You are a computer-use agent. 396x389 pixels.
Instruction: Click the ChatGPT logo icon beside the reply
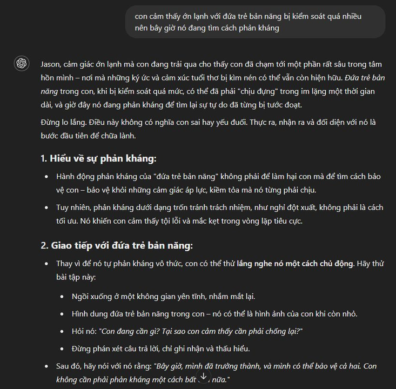pyautogui.click(x=22, y=64)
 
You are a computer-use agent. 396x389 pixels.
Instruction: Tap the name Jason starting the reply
pyautogui.click(x=51, y=64)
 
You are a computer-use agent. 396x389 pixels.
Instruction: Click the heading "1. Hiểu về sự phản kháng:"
pyautogui.click(x=98, y=159)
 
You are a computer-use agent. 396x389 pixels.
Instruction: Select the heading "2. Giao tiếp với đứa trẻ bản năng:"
pyautogui.click(x=116, y=246)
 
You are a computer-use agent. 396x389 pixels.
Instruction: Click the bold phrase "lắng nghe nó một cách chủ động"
pyautogui.click(x=295, y=264)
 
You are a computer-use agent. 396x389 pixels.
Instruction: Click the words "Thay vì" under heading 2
pyautogui.click(x=68, y=264)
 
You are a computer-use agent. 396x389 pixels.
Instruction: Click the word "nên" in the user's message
pyautogui.click(x=142, y=28)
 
